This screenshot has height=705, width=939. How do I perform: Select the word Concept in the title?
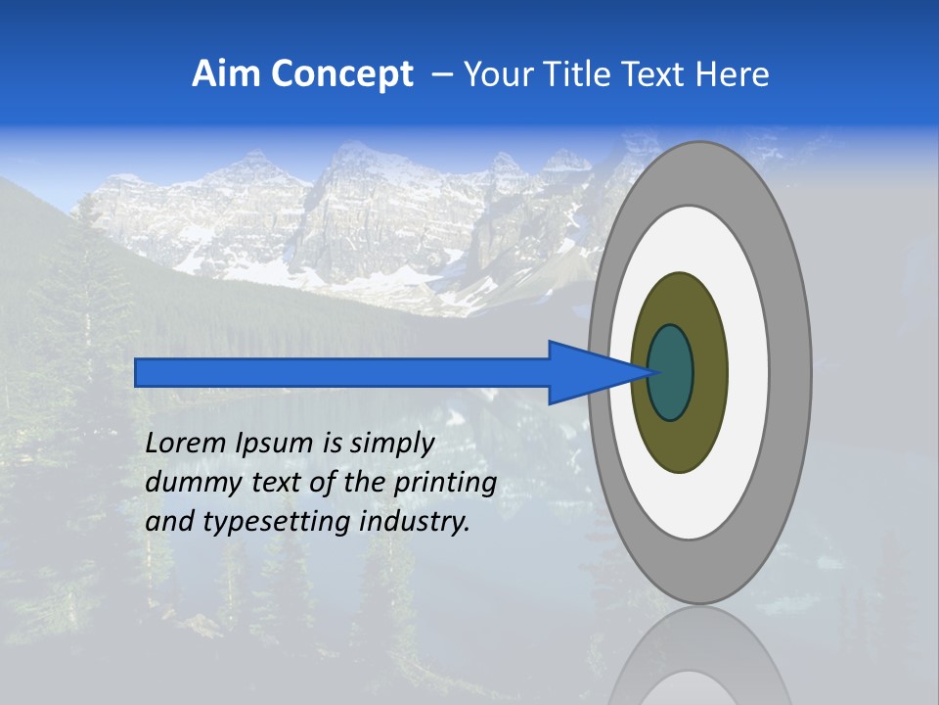[342, 74]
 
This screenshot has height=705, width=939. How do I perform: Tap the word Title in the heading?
[586, 74]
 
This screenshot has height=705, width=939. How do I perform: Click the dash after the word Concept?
[441, 75]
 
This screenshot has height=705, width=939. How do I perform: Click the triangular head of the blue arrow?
[587, 372]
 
